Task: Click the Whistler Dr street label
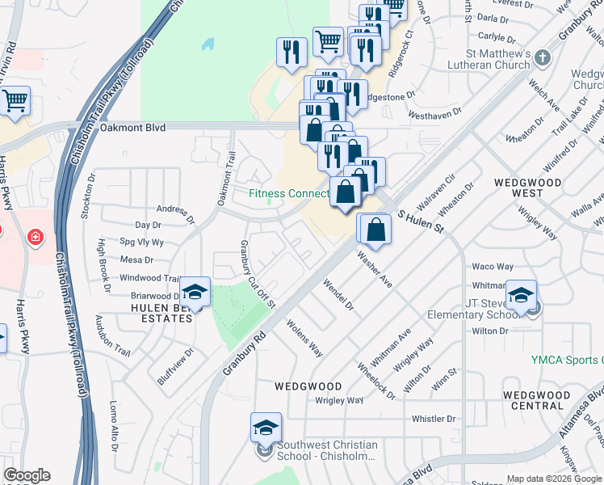click(x=434, y=419)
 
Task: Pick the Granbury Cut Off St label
click(x=258, y=275)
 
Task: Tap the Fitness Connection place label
click(x=288, y=193)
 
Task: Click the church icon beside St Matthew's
click(x=542, y=58)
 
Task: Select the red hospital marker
click(x=34, y=237)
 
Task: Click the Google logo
click(x=27, y=475)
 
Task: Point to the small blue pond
click(x=209, y=44)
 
